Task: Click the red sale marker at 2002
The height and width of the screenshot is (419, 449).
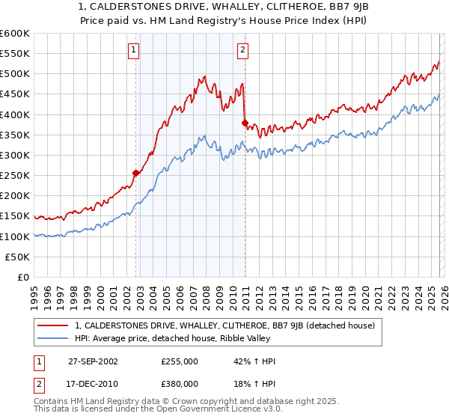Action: coord(136,173)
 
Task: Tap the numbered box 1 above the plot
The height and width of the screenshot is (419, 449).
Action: coord(133,50)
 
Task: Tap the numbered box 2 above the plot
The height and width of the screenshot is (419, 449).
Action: coord(243,50)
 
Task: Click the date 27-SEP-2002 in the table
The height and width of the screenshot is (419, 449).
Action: coord(94,361)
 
